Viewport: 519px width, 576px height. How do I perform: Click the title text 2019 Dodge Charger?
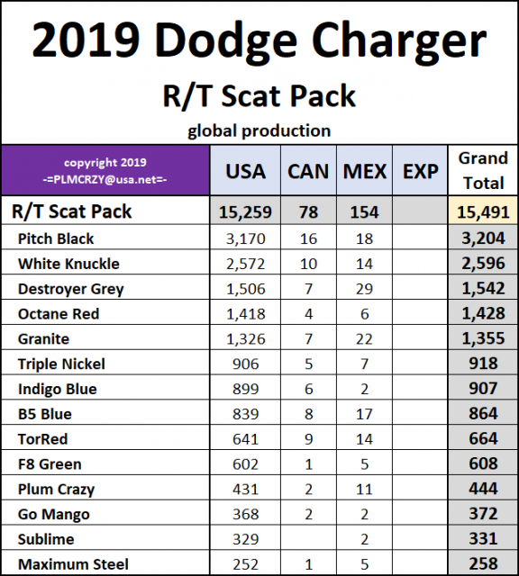[x=259, y=41]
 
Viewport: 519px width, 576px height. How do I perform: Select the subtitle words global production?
[x=259, y=130]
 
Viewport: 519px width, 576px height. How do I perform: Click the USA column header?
[x=245, y=170]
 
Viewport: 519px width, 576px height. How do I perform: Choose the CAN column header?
[x=307, y=170]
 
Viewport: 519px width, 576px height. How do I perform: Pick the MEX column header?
[x=365, y=170]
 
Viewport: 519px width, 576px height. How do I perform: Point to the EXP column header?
[x=420, y=170]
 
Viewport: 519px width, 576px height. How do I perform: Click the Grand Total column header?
[x=483, y=169]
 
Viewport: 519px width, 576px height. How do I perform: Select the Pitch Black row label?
[x=56, y=238]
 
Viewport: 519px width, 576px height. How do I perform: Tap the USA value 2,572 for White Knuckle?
[x=245, y=264]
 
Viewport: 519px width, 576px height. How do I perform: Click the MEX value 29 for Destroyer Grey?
[x=365, y=289]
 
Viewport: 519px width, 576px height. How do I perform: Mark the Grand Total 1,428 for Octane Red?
[x=483, y=314]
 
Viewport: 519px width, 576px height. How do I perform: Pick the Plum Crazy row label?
[x=56, y=490]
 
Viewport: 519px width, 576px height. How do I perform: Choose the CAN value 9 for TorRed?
[x=307, y=439]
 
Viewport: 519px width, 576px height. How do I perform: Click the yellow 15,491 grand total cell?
[x=483, y=212]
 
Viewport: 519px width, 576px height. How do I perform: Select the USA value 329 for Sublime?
[x=245, y=539]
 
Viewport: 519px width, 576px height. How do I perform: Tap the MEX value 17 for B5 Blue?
[x=365, y=414]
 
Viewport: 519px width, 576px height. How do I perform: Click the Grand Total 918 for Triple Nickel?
[x=483, y=364]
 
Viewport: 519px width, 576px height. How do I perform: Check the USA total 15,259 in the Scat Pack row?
[x=245, y=212]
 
